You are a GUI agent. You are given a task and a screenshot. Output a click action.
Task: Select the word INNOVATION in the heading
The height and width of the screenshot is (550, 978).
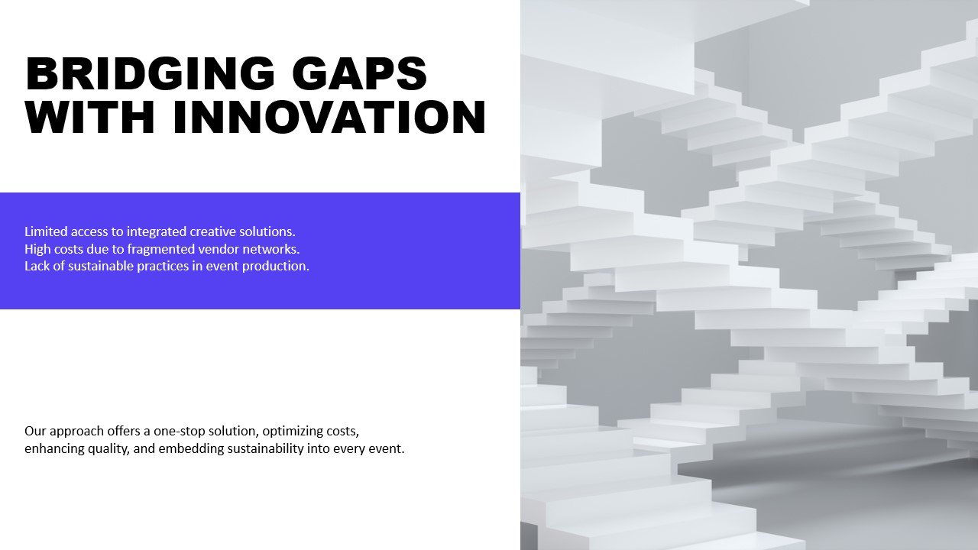point(329,117)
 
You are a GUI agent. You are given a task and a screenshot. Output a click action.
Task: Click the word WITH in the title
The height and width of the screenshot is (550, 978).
point(90,117)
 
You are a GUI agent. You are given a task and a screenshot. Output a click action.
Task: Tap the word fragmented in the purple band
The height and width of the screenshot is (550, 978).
point(153,250)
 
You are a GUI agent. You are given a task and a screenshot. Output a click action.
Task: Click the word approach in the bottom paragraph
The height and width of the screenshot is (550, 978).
point(76,432)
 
